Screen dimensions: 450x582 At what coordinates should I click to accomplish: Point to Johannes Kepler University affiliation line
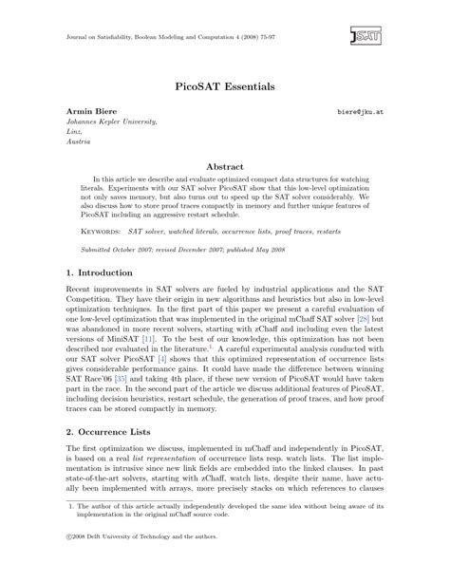[118, 122]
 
